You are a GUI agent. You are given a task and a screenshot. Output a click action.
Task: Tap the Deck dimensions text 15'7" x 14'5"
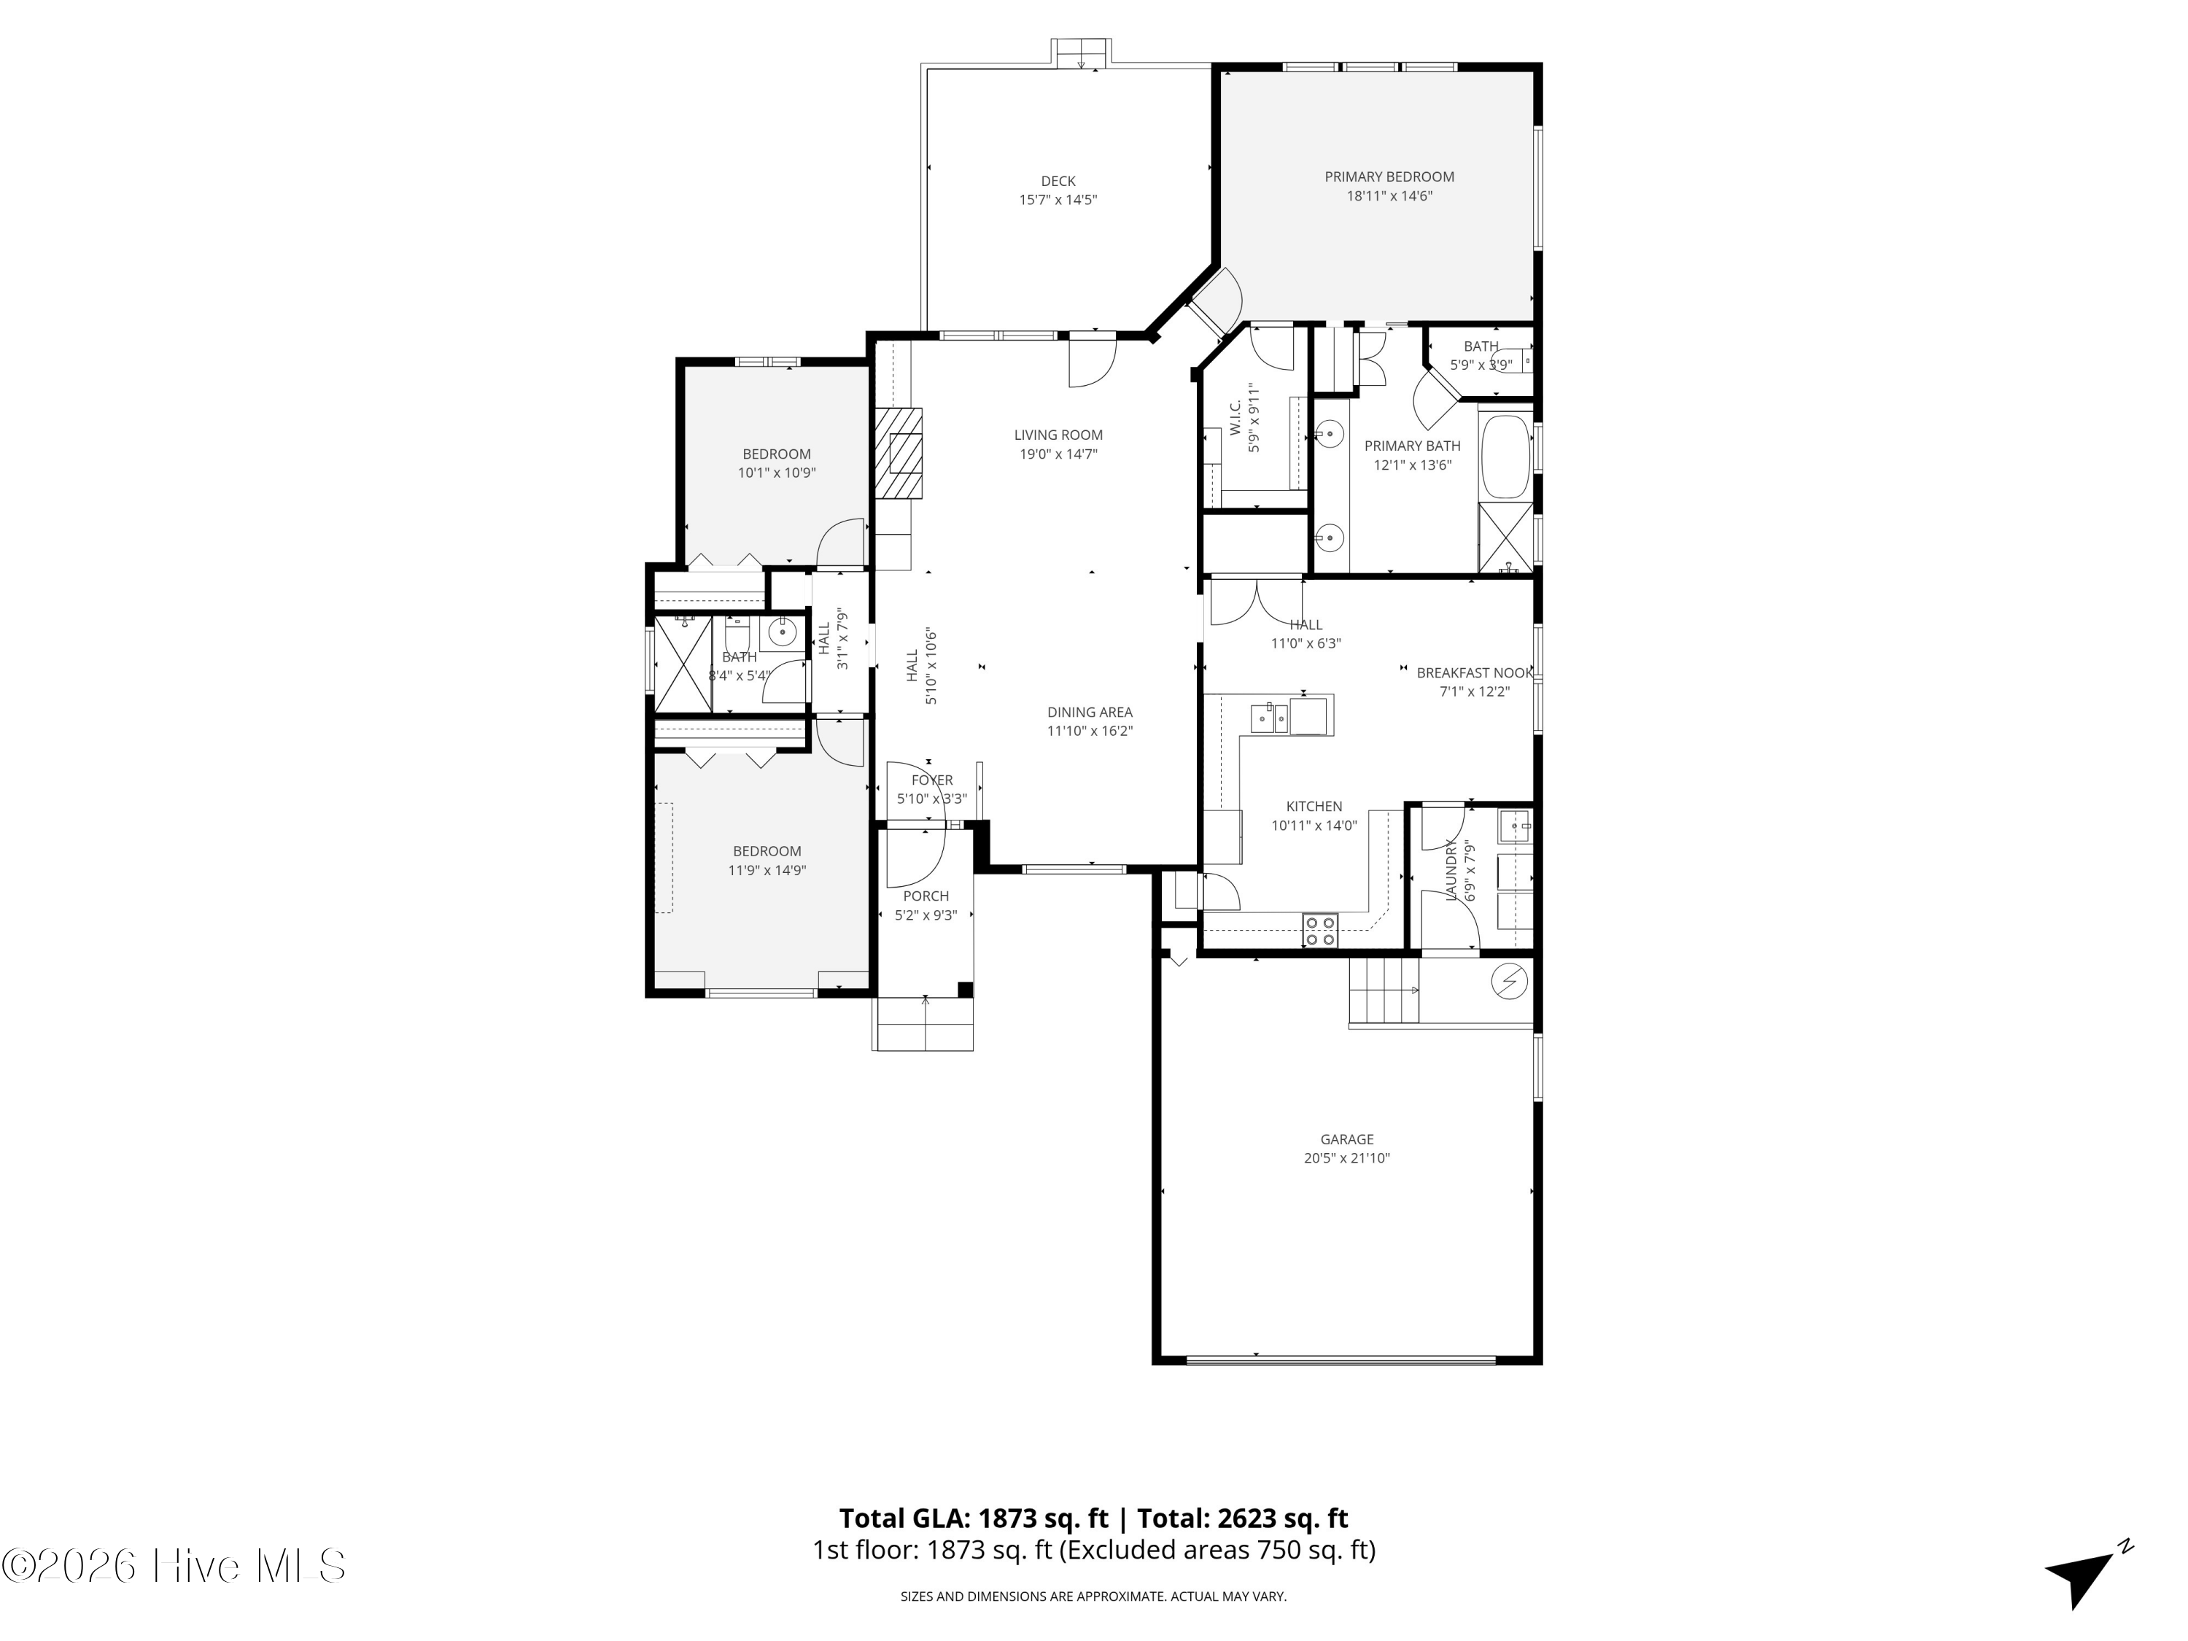[x=1058, y=200]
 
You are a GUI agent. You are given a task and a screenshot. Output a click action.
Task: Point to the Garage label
[x=1346, y=1139]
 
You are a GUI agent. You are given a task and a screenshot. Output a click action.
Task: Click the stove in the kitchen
[x=1319, y=930]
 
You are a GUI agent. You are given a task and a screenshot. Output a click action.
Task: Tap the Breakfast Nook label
[x=1474, y=672]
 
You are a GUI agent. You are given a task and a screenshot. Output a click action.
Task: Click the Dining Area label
[x=1089, y=712]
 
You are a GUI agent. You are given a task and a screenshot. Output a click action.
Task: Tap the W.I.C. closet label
[x=1235, y=417]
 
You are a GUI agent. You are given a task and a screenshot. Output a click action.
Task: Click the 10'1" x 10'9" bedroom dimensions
[x=777, y=473]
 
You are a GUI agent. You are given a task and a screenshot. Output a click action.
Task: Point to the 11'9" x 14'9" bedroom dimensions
[x=767, y=870]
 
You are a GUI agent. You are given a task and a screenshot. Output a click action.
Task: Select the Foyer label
[x=932, y=780]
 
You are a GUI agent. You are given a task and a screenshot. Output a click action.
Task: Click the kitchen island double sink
[x=1269, y=718]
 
